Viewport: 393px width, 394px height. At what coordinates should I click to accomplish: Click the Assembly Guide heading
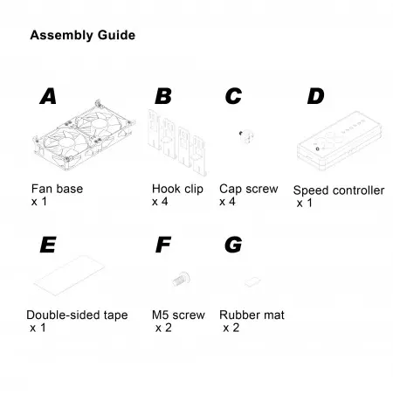tap(83, 36)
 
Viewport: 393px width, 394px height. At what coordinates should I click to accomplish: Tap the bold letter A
tap(48, 96)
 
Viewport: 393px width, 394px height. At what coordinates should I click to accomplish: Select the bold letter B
tap(163, 96)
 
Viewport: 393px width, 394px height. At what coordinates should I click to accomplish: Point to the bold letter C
tap(233, 96)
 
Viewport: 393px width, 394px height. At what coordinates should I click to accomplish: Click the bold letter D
tap(316, 96)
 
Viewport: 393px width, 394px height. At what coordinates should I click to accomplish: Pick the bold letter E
tap(48, 245)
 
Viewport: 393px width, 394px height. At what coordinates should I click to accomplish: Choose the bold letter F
tap(163, 245)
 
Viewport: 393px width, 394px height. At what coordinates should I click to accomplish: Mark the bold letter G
tap(233, 245)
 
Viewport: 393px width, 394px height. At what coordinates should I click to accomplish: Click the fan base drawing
tap(84, 135)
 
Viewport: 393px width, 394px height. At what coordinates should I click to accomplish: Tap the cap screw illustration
tap(246, 136)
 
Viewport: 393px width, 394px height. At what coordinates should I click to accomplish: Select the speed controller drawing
tap(340, 141)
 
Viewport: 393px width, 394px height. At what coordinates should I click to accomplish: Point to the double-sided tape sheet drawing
tap(69, 275)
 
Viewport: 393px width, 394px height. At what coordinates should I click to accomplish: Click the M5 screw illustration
tap(181, 279)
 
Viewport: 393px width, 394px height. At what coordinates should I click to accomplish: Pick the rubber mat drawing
tap(252, 281)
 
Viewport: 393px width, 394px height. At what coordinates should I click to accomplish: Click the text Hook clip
tap(177, 189)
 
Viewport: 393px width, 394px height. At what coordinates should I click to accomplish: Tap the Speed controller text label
tap(339, 190)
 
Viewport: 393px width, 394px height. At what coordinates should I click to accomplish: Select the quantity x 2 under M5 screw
tap(163, 328)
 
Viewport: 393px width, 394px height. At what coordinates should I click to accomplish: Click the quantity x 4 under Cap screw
tap(227, 202)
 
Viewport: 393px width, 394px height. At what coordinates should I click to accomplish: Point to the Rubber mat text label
tap(252, 315)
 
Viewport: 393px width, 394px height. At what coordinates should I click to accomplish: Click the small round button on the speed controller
tap(317, 149)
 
